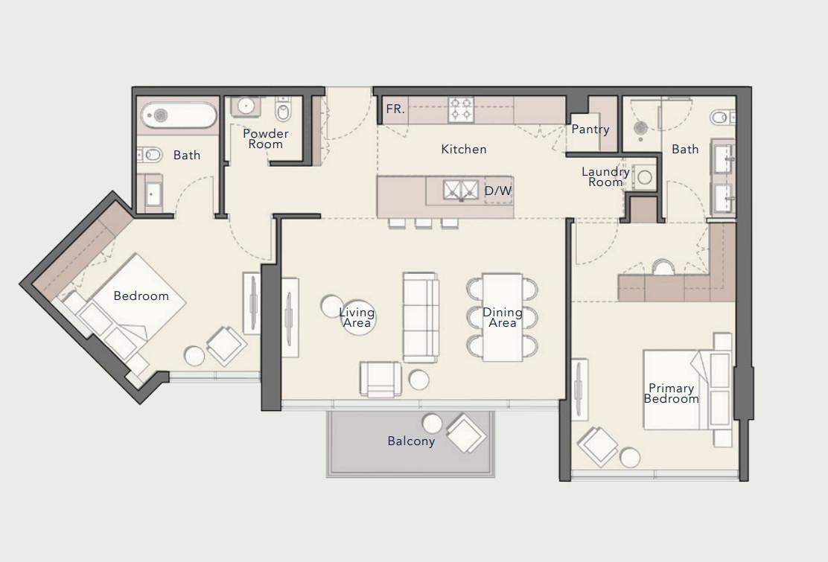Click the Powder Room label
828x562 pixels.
(x=266, y=139)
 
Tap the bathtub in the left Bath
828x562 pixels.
(x=178, y=115)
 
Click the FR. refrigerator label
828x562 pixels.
(x=395, y=109)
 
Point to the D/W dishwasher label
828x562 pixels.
(x=498, y=191)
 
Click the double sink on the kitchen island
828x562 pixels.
(x=461, y=190)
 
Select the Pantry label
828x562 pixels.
(x=590, y=130)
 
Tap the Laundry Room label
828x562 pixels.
(x=605, y=176)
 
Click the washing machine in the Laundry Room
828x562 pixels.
(x=645, y=178)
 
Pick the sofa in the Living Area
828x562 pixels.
(x=421, y=317)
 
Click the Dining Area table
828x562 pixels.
(x=503, y=317)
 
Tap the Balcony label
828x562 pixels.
(x=411, y=441)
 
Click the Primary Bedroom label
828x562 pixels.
(x=671, y=393)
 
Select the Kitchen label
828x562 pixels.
(x=463, y=150)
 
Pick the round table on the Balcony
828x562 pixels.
(x=433, y=424)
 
